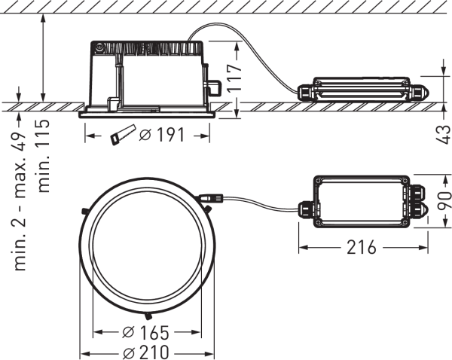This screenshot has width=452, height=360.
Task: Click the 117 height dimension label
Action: pos(237,77)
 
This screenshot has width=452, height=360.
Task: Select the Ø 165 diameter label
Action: pos(147,333)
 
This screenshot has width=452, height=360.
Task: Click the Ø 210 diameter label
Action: pos(147,352)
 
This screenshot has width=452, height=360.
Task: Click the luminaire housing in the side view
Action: pos(148,75)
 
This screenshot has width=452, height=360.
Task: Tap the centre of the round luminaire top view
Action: pos(148,242)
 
